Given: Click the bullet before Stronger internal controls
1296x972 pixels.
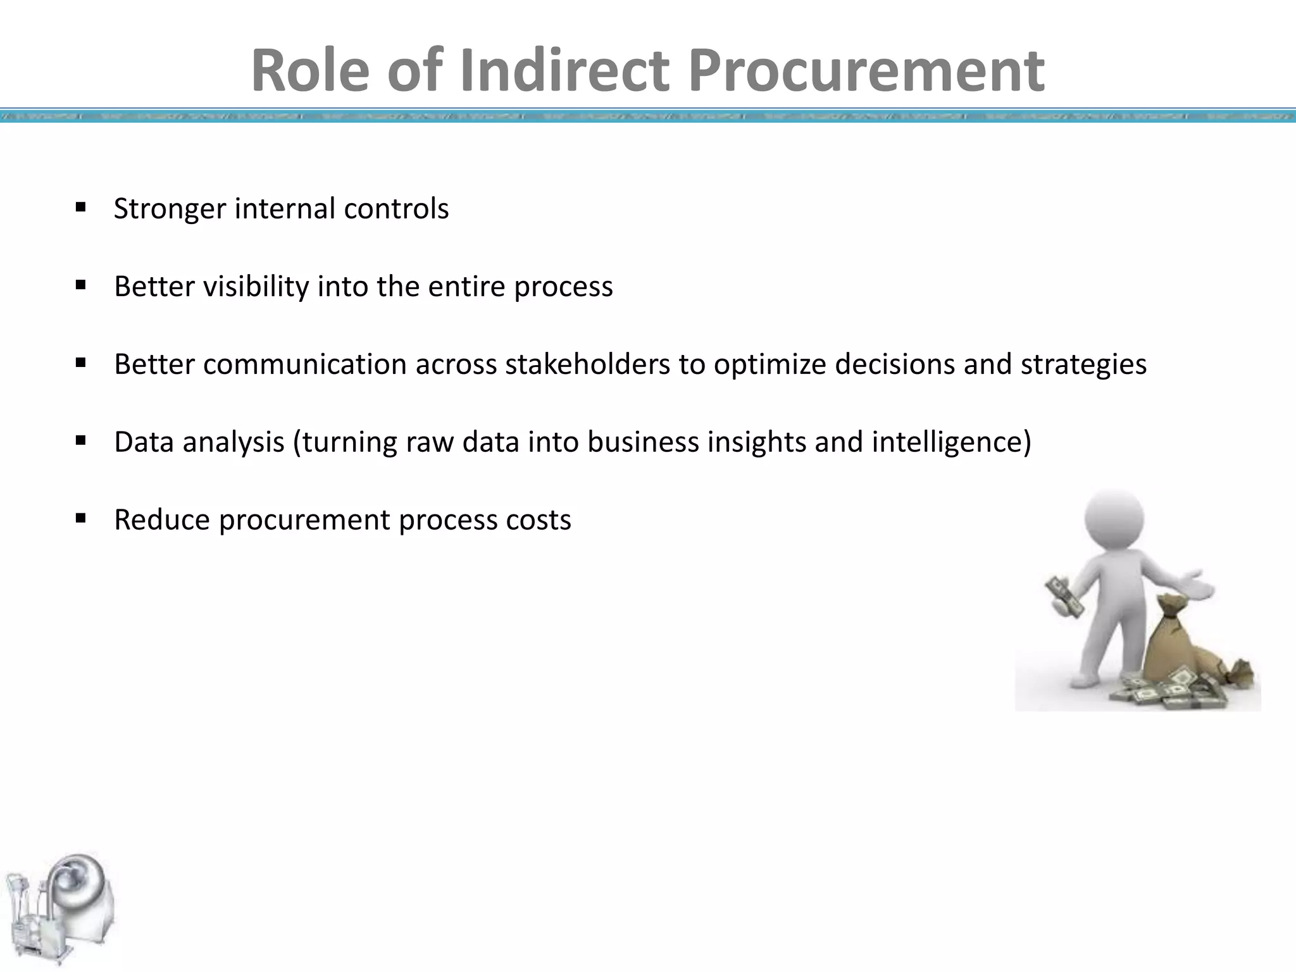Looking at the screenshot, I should (x=80, y=208).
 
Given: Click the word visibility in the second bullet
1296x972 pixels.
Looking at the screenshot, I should (x=256, y=287).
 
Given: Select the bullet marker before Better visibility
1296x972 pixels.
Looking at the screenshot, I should (x=80, y=285).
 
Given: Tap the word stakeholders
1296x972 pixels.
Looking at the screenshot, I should (x=587, y=364).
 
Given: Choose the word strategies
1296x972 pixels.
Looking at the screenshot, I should (x=1083, y=364).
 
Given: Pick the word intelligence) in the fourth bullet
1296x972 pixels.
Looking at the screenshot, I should (x=951, y=442).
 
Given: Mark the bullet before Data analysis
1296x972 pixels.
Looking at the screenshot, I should (x=80, y=440).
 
